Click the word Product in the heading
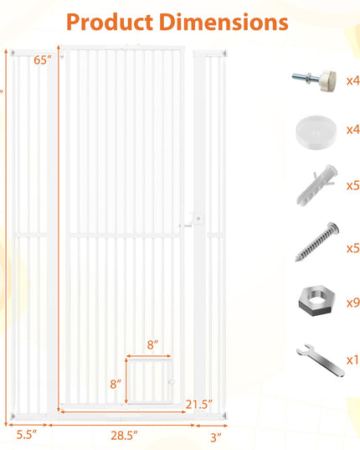110,23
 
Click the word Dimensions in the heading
224,22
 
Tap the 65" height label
43,60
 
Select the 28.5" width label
124,436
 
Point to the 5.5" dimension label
27,435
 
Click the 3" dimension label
216,437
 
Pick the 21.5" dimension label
199,405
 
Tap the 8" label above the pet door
152,344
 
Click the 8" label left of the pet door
116,384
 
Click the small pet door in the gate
149,381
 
